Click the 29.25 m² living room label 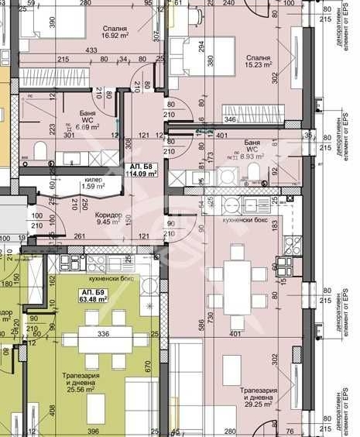click(255, 397)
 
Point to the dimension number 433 click(91, 50)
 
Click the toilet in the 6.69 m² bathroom click(43, 150)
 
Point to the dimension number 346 click(231, 120)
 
